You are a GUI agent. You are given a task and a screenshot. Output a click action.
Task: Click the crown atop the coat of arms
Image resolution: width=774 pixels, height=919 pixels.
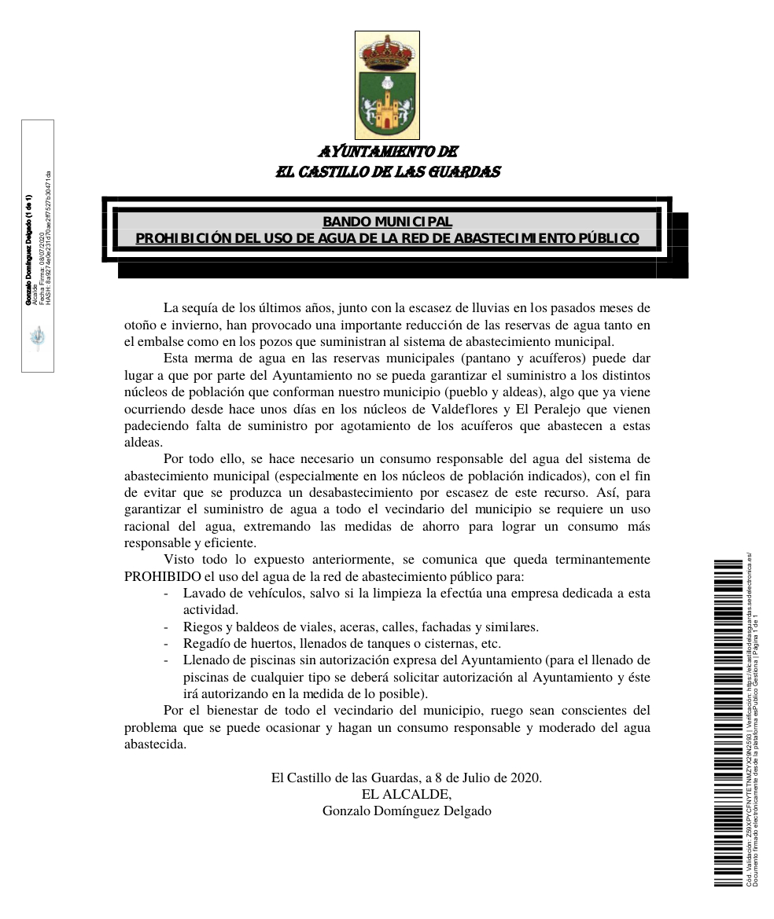(387, 51)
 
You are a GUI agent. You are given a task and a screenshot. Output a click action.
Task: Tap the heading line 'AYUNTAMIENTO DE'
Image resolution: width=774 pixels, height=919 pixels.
(388, 152)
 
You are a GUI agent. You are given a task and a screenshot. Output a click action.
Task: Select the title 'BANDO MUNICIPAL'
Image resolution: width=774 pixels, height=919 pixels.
(387, 222)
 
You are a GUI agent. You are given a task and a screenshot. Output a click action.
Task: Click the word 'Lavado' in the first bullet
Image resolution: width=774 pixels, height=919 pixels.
(203, 594)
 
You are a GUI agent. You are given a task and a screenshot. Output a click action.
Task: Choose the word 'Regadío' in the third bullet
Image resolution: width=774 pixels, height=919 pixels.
(206, 643)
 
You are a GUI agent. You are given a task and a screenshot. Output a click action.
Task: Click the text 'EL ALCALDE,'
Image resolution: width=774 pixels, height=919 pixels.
(407, 795)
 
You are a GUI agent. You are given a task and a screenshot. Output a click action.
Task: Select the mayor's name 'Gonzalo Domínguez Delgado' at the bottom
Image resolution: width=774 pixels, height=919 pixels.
(407, 811)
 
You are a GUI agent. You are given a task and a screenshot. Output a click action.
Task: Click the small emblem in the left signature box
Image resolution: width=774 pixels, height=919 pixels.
(37, 338)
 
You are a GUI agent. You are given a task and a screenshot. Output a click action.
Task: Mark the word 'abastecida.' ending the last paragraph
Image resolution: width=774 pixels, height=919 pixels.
(155, 744)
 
